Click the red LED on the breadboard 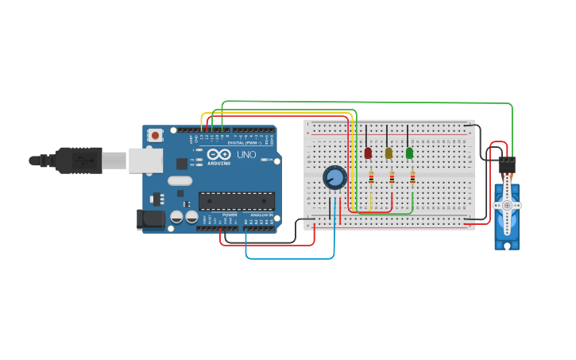click(x=368, y=153)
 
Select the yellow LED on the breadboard click(x=389, y=153)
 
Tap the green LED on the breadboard click(x=409, y=153)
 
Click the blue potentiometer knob click(x=334, y=177)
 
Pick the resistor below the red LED click(x=371, y=178)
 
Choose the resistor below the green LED click(x=412, y=178)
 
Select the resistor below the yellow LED click(x=392, y=178)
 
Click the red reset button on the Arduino click(x=155, y=135)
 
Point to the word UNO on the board click(x=247, y=154)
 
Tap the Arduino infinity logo click(x=219, y=153)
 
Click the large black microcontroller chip click(x=236, y=201)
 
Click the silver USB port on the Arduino click(x=145, y=161)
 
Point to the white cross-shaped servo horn click(x=507, y=205)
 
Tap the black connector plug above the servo click(x=506, y=165)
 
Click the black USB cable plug click(x=78, y=161)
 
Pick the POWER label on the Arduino click(x=230, y=215)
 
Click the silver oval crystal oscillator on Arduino click(x=180, y=180)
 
